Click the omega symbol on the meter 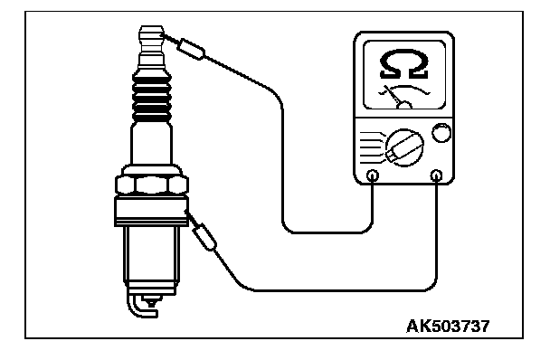[x=403, y=64]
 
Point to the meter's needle [x=393, y=95]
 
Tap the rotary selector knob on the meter [x=404, y=147]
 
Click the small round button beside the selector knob [x=441, y=133]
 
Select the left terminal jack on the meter [x=373, y=175]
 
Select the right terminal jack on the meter [x=436, y=175]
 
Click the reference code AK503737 [x=448, y=326]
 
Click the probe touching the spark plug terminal [x=191, y=50]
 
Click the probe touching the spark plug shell [x=204, y=237]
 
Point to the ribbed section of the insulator [x=152, y=99]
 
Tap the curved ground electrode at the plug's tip [x=140, y=308]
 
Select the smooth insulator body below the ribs [x=152, y=143]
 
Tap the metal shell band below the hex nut [x=152, y=211]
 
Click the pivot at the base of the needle [x=404, y=105]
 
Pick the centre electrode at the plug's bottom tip [x=152, y=301]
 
